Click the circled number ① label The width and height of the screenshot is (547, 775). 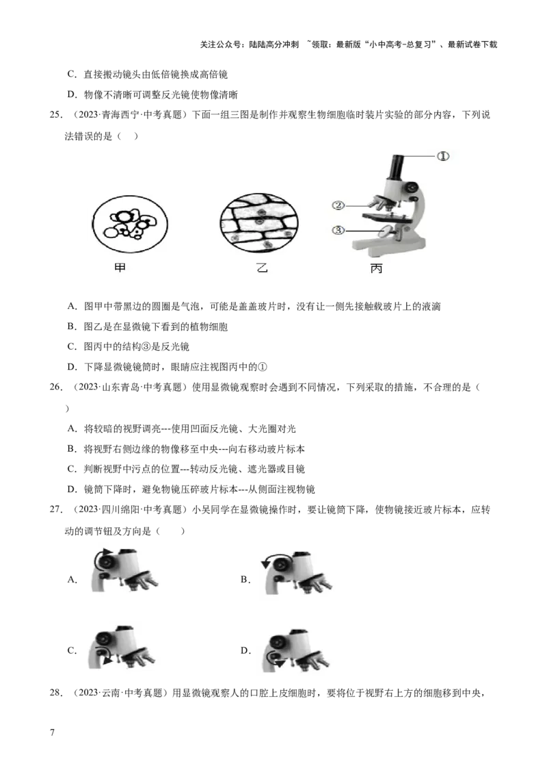443,156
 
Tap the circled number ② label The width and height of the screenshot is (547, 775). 338,205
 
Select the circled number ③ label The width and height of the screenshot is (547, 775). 338,231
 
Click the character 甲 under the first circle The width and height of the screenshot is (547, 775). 120,269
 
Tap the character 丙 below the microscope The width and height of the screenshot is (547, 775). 376,269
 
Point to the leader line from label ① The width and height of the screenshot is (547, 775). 421,157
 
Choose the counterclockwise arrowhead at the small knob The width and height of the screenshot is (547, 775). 280,664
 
